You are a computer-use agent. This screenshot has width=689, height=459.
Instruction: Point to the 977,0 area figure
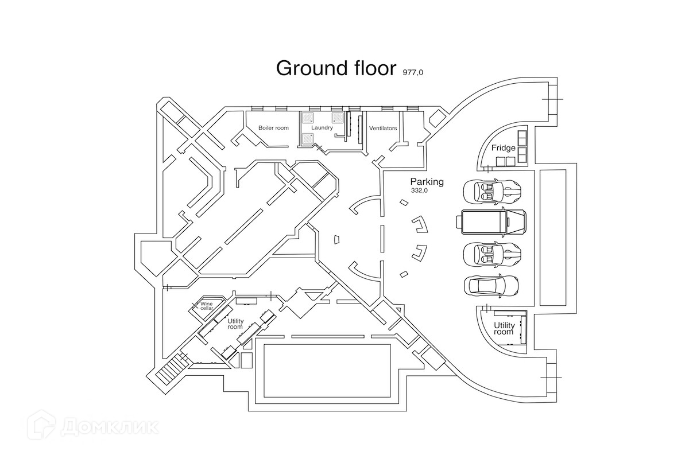(x=413, y=72)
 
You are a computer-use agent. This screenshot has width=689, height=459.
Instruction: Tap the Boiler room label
(x=273, y=128)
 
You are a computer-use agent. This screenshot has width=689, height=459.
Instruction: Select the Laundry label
(x=322, y=128)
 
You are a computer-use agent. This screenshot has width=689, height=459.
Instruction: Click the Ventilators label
(x=383, y=128)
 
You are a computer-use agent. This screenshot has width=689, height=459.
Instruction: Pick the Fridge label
(x=503, y=148)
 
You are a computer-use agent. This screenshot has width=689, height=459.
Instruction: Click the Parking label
(x=427, y=182)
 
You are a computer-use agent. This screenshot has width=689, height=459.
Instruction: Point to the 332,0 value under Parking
(x=419, y=190)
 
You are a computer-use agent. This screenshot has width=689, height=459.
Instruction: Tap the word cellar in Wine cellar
(x=207, y=308)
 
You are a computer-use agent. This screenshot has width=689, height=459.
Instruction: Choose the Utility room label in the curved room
(x=504, y=329)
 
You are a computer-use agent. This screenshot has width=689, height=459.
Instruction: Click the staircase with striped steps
(x=169, y=368)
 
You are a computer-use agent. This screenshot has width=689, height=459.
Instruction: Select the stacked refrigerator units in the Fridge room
(x=522, y=146)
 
